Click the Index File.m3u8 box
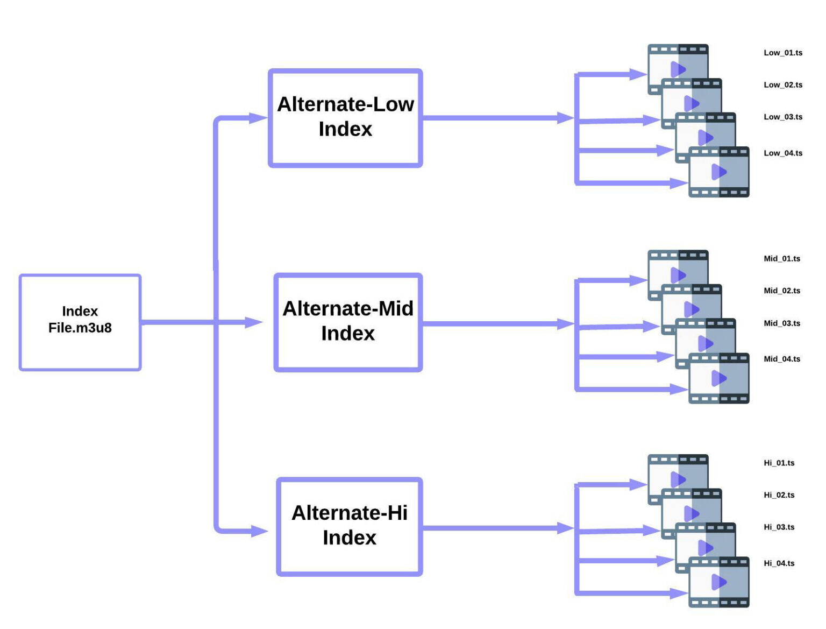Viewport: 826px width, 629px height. click(80, 322)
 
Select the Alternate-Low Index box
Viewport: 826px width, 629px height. click(345, 117)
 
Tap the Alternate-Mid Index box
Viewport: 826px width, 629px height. click(348, 322)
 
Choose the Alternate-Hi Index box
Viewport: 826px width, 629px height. click(350, 526)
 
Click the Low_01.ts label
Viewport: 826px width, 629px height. click(783, 53)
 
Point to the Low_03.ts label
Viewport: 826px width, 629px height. click(783, 117)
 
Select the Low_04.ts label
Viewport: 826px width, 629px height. click(783, 153)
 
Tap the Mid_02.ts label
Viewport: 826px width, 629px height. click(782, 291)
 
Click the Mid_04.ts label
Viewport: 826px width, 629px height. click(782, 359)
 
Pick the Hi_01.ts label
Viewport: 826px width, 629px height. click(779, 463)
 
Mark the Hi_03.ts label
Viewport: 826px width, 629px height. click(779, 527)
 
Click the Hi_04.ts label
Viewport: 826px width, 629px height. click(779, 563)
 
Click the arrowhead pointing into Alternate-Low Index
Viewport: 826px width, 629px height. click(258, 118)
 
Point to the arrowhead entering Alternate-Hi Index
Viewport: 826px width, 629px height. click(259, 532)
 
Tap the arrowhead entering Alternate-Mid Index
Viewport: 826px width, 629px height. click(254, 322)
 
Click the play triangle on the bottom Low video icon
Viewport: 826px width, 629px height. click(718, 172)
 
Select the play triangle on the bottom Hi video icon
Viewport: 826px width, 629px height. click(718, 582)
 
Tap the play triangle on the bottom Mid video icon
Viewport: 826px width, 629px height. click(718, 378)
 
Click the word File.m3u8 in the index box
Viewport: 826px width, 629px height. click(80, 328)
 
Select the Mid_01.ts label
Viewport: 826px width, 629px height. click(782, 259)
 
